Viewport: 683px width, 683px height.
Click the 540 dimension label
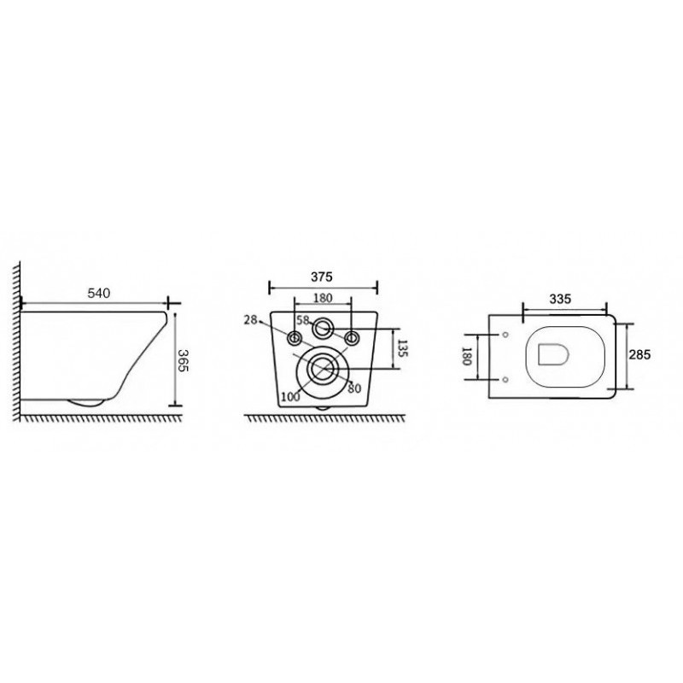tap(99, 293)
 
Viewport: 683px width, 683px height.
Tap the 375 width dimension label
tap(322, 277)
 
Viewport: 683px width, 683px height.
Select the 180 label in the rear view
tap(323, 298)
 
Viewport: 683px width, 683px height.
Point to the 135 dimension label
tap(402, 348)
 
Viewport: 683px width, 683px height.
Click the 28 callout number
tap(250, 320)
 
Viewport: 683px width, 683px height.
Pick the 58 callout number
tap(303, 320)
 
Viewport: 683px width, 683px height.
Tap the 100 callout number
tap(290, 396)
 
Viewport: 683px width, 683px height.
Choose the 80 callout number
tap(354, 388)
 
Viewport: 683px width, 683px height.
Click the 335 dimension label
tap(560, 299)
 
